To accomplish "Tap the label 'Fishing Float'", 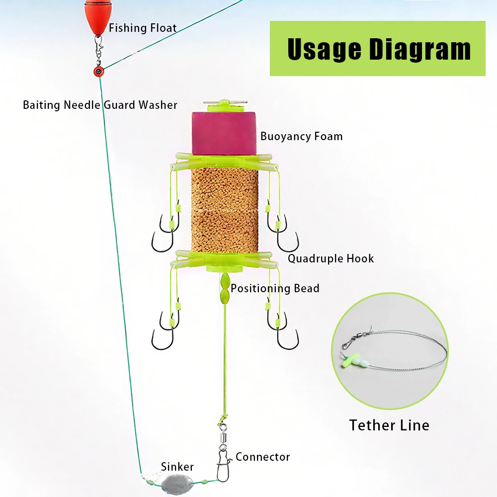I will [143, 28].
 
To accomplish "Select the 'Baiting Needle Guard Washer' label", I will [100, 105].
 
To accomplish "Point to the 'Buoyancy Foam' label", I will [301, 136].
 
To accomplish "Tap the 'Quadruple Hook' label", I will [331, 258].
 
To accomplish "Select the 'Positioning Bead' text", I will [275, 288].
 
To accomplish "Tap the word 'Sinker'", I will [177, 467].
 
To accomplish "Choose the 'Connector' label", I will [262, 457].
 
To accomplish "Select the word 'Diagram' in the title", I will [417, 49].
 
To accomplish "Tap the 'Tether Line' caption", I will [389, 425].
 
